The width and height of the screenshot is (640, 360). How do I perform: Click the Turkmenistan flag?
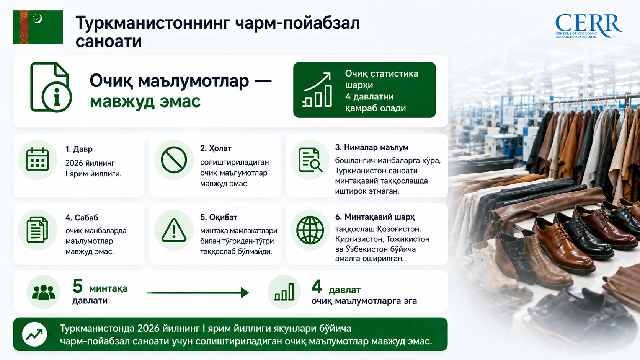(x=38, y=27)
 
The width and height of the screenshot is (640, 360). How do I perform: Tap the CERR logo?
(x=588, y=26)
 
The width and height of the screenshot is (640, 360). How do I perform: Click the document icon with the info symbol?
(x=51, y=87)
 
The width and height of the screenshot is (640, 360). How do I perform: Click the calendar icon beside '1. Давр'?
(x=38, y=160)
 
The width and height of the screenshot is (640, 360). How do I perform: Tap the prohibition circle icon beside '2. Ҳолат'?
(x=174, y=160)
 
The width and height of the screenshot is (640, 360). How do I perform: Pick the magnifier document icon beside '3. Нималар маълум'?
(x=310, y=160)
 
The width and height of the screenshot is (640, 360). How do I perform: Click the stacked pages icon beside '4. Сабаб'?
(x=38, y=230)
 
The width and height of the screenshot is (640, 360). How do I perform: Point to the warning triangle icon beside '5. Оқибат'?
(x=174, y=230)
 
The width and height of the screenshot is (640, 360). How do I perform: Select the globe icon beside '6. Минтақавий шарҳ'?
(x=310, y=230)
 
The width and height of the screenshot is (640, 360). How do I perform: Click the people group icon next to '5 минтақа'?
(x=43, y=292)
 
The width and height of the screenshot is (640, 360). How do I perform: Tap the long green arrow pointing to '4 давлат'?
(x=198, y=293)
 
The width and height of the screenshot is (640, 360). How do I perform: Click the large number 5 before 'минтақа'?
(x=77, y=286)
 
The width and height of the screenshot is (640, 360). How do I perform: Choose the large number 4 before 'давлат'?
(x=317, y=287)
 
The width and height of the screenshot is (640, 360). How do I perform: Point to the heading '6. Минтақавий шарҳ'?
(x=375, y=217)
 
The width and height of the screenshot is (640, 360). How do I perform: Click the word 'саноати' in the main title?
(x=109, y=41)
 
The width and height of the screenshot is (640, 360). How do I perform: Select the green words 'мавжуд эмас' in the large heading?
(x=145, y=102)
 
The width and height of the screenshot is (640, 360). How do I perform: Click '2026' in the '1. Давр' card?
(x=74, y=163)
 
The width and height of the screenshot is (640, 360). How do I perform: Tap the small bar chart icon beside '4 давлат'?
(x=284, y=292)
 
